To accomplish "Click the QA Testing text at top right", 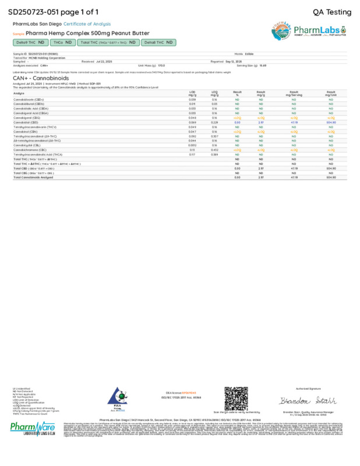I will click(x=332, y=12).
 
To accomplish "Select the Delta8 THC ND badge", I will click(x=158, y=43).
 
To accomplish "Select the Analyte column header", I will click(x=19, y=93).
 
